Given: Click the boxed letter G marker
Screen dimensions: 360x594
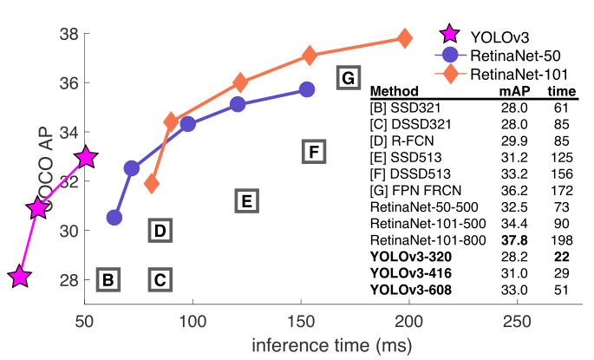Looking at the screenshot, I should click(348, 78).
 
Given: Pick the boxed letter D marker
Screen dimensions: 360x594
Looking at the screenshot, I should click(160, 231).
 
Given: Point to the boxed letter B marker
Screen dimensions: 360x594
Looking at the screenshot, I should click(108, 280).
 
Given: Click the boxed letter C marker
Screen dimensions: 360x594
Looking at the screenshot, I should click(160, 280).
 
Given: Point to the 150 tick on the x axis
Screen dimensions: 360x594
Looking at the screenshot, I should click(301, 320).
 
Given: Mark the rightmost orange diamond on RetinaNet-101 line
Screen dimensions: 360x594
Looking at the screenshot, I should click(404, 38).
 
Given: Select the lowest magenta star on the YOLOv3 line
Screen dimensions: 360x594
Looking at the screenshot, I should click(19, 277).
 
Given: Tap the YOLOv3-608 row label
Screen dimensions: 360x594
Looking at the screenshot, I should click(408, 288).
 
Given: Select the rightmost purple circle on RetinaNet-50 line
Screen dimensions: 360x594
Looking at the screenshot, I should click(306, 89).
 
